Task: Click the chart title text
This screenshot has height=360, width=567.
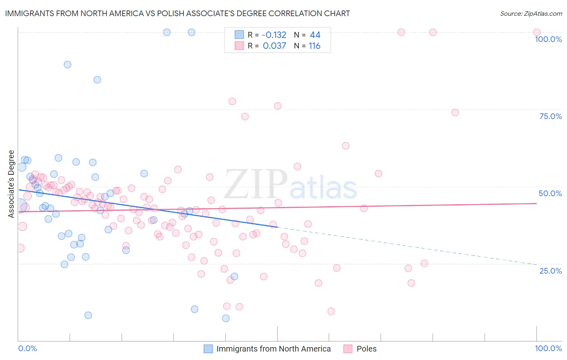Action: [177, 13]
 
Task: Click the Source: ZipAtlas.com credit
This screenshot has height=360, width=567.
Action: [531, 13]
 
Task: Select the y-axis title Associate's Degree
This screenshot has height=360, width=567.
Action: [11, 184]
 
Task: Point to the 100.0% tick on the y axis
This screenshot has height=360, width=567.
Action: [548, 39]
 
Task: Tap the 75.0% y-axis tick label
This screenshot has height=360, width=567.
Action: [550, 116]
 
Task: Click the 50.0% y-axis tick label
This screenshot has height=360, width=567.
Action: [550, 193]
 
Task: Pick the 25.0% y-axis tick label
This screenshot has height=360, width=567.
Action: [550, 270]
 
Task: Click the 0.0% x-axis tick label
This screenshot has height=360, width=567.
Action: [27, 348]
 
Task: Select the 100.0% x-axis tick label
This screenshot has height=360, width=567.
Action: [548, 348]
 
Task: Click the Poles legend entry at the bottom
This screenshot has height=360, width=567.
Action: [366, 349]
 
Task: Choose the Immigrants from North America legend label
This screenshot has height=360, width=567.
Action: [273, 349]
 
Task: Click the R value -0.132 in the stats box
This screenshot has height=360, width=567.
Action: [274, 35]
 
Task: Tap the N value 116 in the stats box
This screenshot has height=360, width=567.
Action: [315, 46]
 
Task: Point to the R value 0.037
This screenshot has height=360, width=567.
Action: [275, 46]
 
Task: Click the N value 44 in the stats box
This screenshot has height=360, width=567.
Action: [315, 35]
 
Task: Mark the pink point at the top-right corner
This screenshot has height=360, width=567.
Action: [537, 32]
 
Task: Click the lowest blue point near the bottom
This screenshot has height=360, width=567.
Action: [226, 318]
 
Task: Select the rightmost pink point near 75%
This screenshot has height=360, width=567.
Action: [455, 113]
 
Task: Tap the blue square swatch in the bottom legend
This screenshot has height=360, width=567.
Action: [208, 349]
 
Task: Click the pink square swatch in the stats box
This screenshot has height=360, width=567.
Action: [239, 46]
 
